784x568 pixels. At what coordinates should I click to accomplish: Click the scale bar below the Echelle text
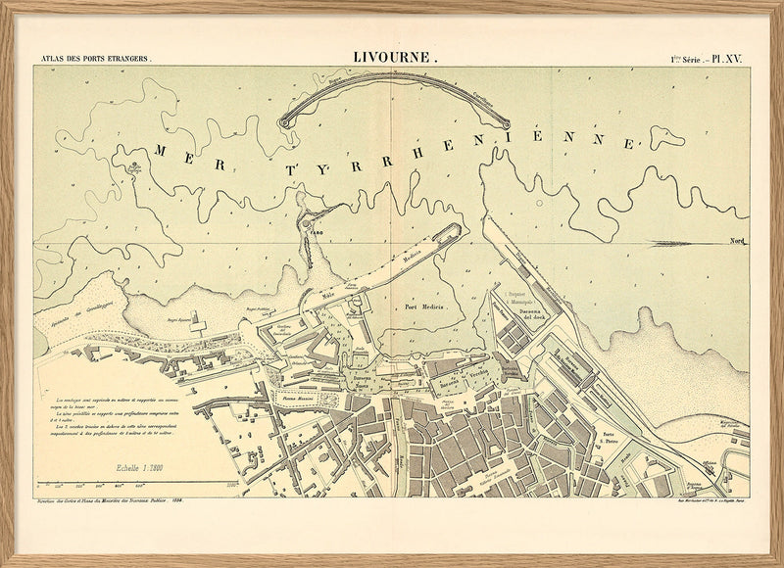click(x=137, y=482)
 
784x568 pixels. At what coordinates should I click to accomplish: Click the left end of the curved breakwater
click(x=285, y=122)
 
